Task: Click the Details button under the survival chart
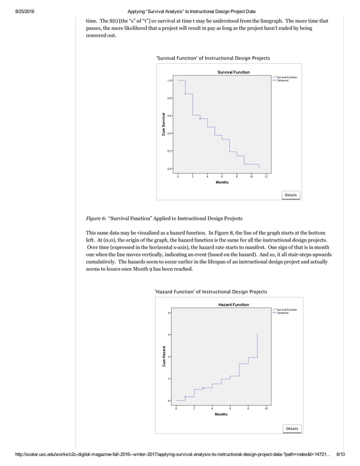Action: (x=291, y=195)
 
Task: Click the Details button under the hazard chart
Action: (x=292, y=428)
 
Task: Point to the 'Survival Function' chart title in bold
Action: (x=234, y=72)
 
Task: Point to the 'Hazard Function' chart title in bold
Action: (x=234, y=305)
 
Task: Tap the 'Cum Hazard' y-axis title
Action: (x=163, y=357)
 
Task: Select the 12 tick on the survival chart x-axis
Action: (x=266, y=177)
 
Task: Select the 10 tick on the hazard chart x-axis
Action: (x=266, y=408)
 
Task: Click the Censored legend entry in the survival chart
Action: (x=285, y=81)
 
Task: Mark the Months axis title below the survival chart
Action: (x=222, y=182)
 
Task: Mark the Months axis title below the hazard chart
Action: (x=221, y=414)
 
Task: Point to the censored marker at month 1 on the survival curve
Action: (x=185, y=94)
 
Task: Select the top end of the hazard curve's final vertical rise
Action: (x=257, y=333)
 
